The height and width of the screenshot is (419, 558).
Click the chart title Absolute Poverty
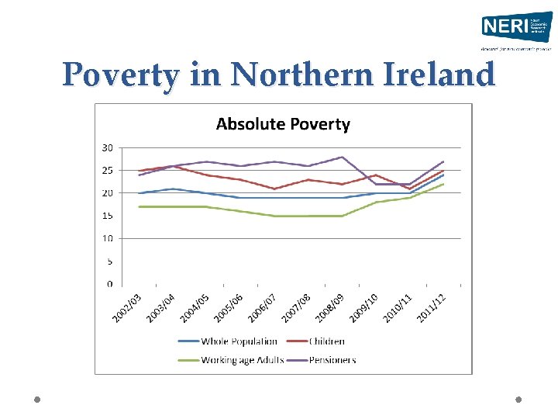pos(282,124)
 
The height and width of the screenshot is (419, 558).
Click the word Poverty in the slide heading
pos(121,75)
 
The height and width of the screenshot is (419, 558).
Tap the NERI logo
pos(515,29)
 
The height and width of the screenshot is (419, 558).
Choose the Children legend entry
pos(327,341)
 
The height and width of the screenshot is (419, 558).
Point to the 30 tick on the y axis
pos(107,147)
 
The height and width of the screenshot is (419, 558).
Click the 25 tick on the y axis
pos(107,170)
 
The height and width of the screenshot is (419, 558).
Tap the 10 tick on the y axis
pos(107,238)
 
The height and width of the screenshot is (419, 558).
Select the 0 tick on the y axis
pos(109,284)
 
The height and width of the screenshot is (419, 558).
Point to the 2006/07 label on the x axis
pos(262,308)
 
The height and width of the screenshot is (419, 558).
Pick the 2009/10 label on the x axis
pos(363,308)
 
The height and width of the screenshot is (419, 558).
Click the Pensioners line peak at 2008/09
pos(342,157)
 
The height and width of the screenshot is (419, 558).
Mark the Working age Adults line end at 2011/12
pos(443,184)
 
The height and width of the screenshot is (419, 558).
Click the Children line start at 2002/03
pos(139,171)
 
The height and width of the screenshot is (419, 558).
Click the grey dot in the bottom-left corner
pos(36,400)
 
